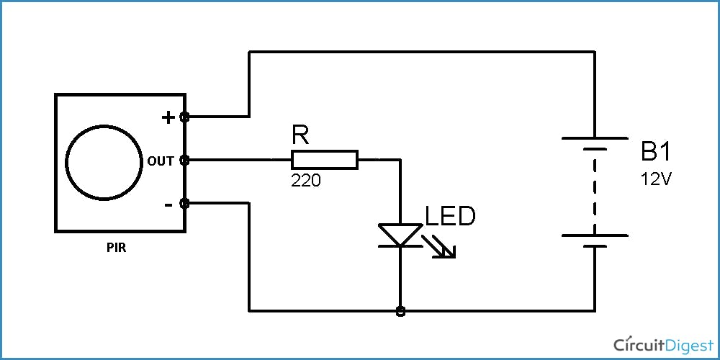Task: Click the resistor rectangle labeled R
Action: (324, 160)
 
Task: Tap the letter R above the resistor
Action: (300, 135)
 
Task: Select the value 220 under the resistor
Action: (306, 180)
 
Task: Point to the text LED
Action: (451, 216)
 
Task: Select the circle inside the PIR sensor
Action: (103, 163)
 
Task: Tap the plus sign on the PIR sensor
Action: (168, 117)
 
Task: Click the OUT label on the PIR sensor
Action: (161, 161)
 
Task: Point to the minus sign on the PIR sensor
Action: (168, 205)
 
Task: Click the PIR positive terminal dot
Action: (185, 117)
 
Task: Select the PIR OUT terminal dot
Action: (185, 160)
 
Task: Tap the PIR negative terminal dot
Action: (185, 204)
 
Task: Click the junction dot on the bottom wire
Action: (400, 311)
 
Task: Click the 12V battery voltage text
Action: (656, 179)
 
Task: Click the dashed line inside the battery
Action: (595, 191)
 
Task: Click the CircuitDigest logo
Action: (660, 343)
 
